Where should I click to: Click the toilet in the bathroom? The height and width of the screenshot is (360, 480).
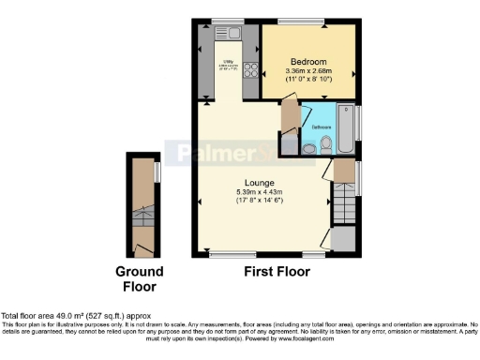tap(325, 143)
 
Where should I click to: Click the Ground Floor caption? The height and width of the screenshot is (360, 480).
tap(140, 279)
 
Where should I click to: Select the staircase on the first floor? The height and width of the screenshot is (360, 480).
tap(343, 202)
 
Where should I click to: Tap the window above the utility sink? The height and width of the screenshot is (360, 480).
tap(229, 21)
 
